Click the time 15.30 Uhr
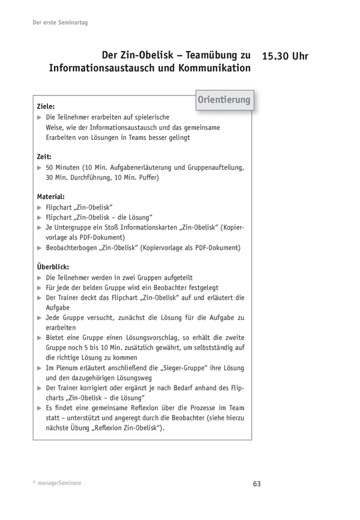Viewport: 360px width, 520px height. (x=286, y=56)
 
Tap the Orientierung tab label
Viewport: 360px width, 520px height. (x=224, y=100)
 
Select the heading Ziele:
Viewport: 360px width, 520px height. (x=46, y=106)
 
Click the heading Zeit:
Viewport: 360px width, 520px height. (x=44, y=156)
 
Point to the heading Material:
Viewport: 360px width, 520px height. (x=51, y=196)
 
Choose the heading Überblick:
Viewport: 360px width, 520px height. (x=53, y=266)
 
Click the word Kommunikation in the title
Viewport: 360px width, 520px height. (x=214, y=68)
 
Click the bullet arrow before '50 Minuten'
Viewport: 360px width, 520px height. (x=40, y=167)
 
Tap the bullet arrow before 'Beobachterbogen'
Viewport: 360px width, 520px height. (x=40, y=247)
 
